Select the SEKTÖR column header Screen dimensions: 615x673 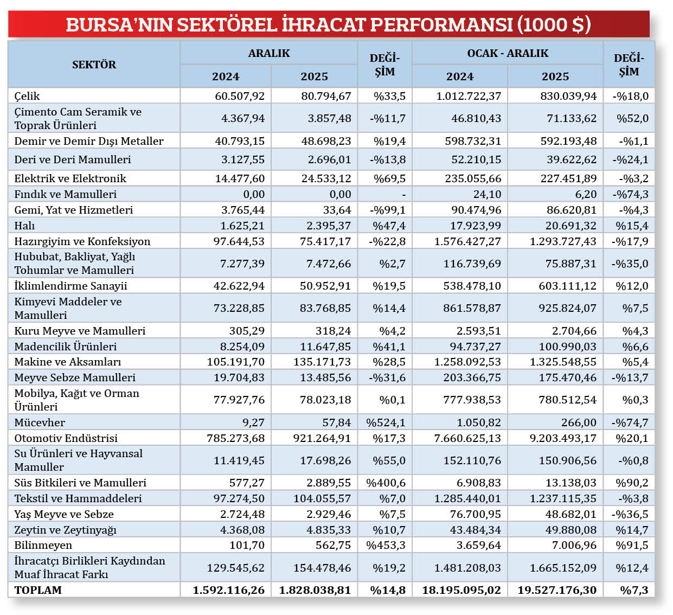[x=94, y=65]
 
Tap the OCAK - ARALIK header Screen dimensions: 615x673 [x=508, y=53]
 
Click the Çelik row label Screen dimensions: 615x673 [x=27, y=96]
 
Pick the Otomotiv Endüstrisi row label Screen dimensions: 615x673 [x=66, y=438]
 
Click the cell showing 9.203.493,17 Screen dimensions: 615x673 [x=563, y=438]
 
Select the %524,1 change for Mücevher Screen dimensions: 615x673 [x=386, y=422]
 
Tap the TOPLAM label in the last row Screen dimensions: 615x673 [x=38, y=590]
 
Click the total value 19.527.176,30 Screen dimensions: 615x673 [x=556, y=590]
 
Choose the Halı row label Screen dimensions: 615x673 [x=24, y=226]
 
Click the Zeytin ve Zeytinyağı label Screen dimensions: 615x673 [x=65, y=530]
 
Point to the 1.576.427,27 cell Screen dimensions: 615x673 [x=467, y=241]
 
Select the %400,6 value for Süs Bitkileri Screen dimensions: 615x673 [x=386, y=483]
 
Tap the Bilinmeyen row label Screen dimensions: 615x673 [x=43, y=545]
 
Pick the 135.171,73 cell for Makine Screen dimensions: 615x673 [x=322, y=362]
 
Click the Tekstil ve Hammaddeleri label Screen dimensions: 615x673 [x=78, y=498]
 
